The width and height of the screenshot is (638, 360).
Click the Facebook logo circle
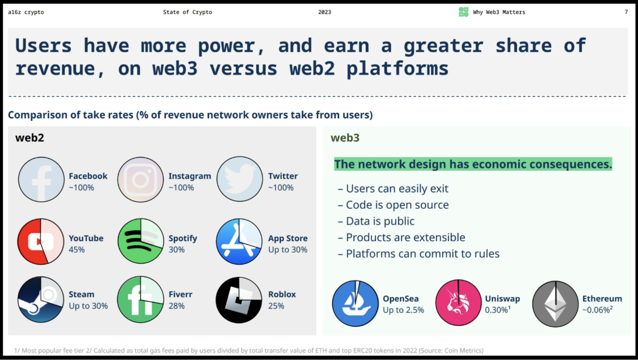coord(41,180)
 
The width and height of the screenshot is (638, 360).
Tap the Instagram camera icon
coord(140,180)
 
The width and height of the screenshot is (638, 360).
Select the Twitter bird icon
coord(240,179)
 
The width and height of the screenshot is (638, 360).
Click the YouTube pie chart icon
coord(41,241)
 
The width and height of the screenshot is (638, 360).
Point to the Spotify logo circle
coord(141,241)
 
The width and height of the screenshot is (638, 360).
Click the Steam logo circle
coord(41,299)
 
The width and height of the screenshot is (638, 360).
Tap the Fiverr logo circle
coord(140,299)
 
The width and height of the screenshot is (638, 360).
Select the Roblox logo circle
coord(239,300)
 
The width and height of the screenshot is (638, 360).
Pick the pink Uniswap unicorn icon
coord(458,303)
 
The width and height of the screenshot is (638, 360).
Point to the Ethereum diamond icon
coord(555,304)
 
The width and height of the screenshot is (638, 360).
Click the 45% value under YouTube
coord(77,250)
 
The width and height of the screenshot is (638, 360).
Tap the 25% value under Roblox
coord(276,306)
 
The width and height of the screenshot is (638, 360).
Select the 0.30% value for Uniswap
coord(497,310)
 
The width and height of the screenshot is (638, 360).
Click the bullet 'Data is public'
coord(380,221)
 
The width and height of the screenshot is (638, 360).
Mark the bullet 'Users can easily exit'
coord(397,189)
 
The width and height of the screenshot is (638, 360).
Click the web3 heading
coord(345,138)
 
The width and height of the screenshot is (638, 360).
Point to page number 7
coord(626,12)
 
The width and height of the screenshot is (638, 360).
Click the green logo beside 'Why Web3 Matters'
coord(463,12)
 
